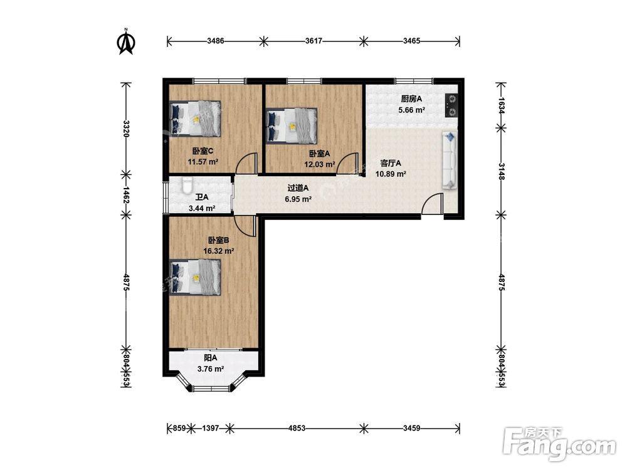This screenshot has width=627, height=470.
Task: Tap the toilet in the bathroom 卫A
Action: click(x=187, y=185)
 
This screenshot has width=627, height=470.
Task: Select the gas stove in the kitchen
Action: click(x=451, y=105)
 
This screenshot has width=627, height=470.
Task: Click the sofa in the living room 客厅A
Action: click(x=450, y=160)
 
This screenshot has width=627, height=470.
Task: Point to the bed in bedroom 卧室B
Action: click(x=195, y=277)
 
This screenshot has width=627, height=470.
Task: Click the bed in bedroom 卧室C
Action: click(x=195, y=118)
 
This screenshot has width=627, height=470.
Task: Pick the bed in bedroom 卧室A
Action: click(x=292, y=125)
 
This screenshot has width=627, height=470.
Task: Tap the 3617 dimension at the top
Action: click(x=313, y=41)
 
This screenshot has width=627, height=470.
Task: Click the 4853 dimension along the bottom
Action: click(x=297, y=428)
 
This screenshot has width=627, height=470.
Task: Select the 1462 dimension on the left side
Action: click(x=126, y=195)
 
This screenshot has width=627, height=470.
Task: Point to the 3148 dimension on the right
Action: click(x=501, y=170)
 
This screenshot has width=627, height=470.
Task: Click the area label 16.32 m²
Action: click(x=218, y=251)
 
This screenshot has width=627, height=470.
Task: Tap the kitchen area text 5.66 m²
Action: click(x=411, y=110)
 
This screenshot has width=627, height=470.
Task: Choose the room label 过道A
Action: click(x=298, y=188)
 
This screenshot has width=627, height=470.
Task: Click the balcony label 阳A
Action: click(x=210, y=358)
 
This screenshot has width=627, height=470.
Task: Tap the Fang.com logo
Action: click(x=559, y=444)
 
